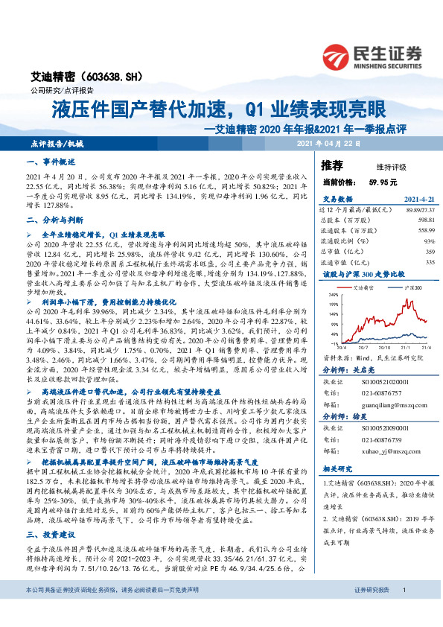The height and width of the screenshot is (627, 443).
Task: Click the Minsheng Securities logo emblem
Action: [335, 56]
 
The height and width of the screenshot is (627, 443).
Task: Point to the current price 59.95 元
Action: [383, 182]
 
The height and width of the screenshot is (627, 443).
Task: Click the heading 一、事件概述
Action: [48, 162]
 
